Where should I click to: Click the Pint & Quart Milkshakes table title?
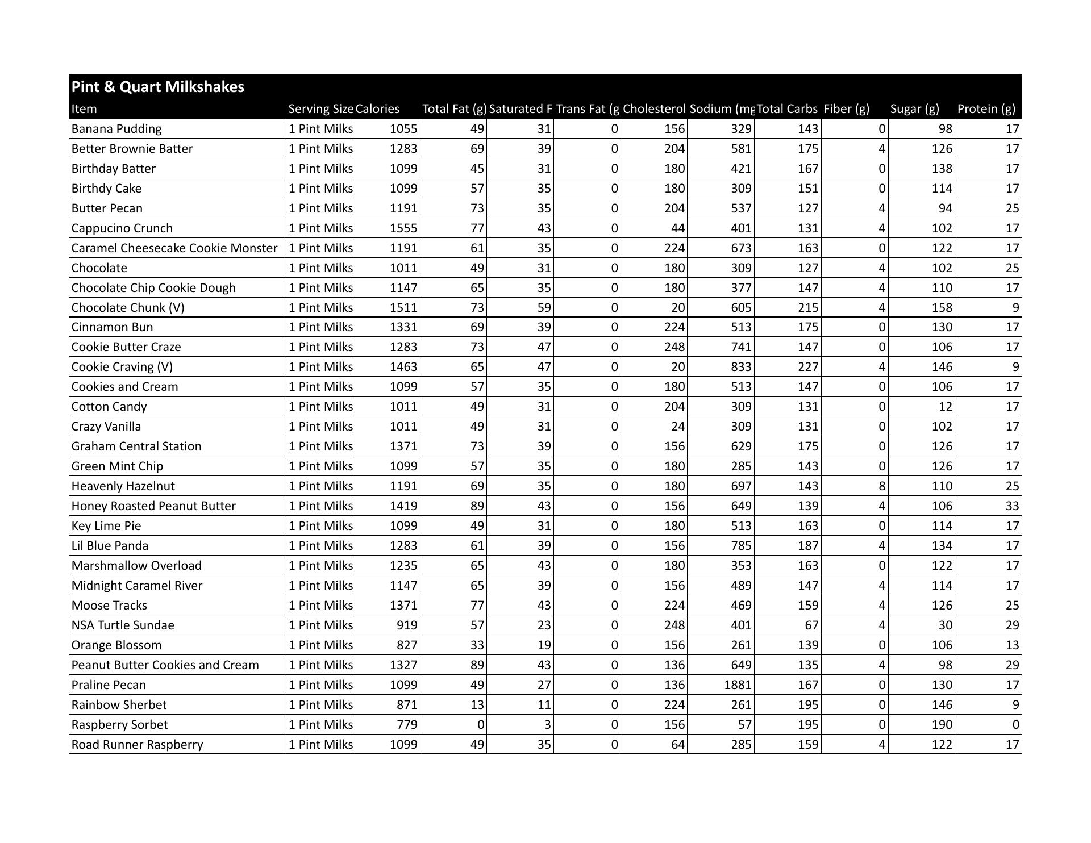click(158, 87)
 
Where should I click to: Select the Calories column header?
click(377, 109)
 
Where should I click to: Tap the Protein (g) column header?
click(986, 109)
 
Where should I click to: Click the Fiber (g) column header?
click(846, 109)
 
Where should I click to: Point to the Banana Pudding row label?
click(116, 129)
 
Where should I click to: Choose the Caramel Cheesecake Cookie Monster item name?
click(174, 248)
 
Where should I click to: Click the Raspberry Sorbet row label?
click(119, 725)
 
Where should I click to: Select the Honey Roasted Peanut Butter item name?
click(153, 506)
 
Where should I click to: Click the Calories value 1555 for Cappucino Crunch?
click(403, 228)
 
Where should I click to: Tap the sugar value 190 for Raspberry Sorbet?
click(942, 725)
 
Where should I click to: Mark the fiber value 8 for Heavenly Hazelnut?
click(881, 486)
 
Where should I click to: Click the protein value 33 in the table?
click(1012, 506)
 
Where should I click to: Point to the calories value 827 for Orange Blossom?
click(407, 645)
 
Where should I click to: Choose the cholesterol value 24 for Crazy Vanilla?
click(677, 427)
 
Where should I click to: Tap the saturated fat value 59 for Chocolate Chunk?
click(544, 308)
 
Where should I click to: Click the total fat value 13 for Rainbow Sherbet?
click(477, 705)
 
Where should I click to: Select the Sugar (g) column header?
click(914, 109)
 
